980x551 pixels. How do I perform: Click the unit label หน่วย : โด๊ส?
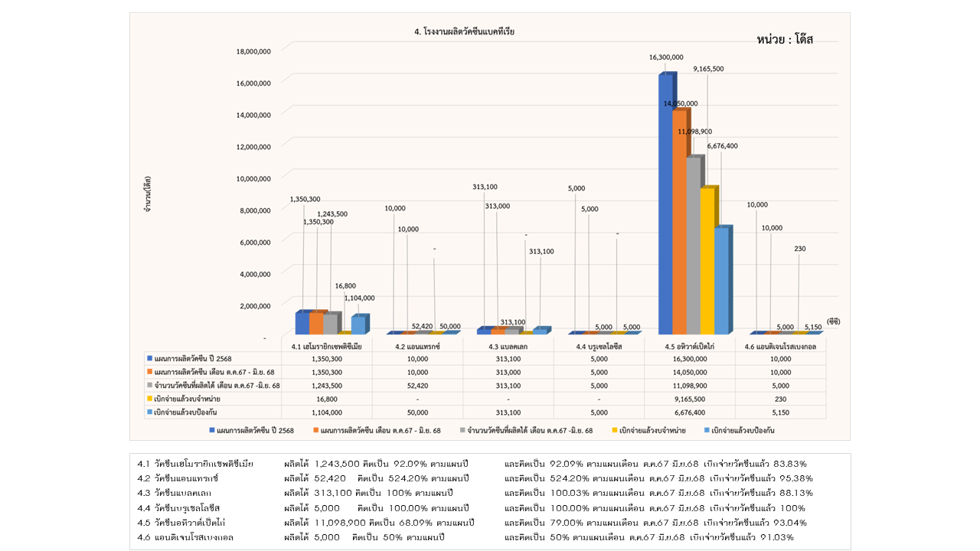(x=784, y=40)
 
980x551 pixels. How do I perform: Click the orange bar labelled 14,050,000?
(x=680, y=222)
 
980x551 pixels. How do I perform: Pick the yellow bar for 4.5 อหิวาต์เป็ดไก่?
(x=707, y=260)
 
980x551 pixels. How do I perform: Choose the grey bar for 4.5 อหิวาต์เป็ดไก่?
(x=694, y=245)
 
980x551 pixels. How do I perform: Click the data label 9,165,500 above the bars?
(x=708, y=69)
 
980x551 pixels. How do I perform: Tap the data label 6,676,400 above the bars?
(x=722, y=145)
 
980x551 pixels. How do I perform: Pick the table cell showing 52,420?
(x=418, y=385)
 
